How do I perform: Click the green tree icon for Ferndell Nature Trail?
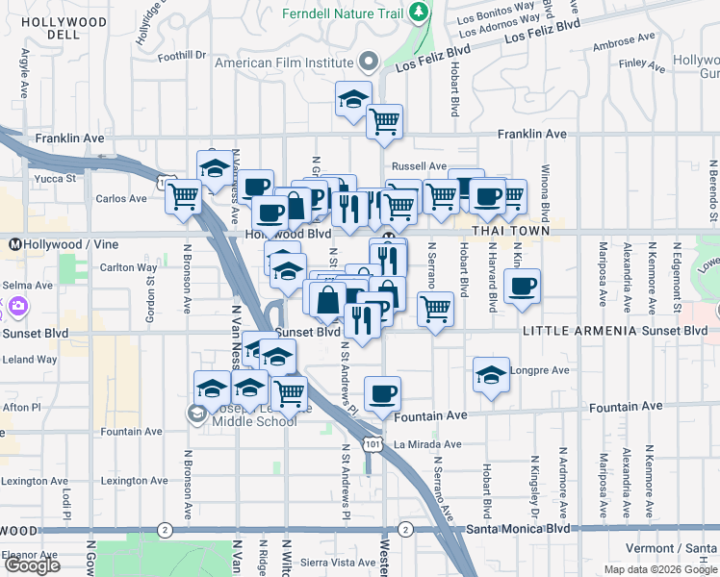418,13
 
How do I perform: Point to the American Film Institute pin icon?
368,63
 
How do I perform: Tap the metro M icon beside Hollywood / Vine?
15,244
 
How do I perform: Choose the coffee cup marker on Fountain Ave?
382,392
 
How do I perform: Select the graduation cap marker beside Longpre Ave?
491,373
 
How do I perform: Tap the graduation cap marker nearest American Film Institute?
353,97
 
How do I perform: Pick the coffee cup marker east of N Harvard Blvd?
522,286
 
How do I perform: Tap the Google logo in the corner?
33,565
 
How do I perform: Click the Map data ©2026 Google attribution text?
659,569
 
